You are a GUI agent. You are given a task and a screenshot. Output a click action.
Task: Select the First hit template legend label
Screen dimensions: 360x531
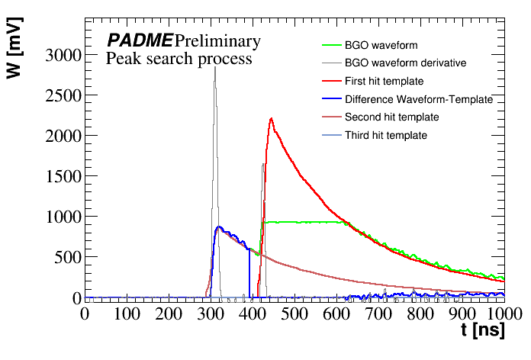[384, 82]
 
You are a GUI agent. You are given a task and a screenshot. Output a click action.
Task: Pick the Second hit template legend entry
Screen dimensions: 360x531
[391, 117]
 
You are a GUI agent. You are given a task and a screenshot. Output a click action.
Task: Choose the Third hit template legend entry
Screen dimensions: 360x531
[385, 136]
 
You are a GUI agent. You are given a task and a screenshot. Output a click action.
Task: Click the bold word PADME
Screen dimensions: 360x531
[140, 41]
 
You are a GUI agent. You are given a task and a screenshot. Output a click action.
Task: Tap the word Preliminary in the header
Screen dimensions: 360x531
[217, 41]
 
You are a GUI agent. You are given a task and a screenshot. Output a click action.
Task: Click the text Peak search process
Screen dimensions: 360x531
[179, 59]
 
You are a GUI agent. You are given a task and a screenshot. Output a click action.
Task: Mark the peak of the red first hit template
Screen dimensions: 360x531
[271, 119]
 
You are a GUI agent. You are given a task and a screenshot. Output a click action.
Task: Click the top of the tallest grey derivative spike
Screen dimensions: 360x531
[215, 68]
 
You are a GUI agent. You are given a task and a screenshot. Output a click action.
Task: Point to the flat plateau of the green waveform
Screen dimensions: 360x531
[305, 222]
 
